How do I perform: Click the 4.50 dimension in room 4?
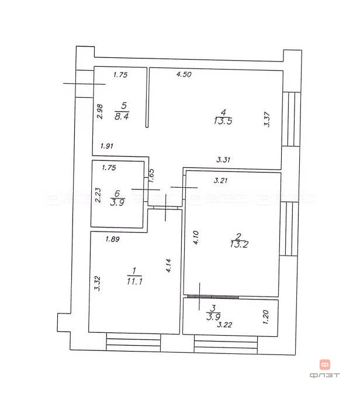point(184,74)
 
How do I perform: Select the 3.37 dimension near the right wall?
point(267,119)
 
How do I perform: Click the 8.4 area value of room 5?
point(121,116)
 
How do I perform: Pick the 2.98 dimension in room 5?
point(100,112)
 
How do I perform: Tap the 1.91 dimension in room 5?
point(106,146)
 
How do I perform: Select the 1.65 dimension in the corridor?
point(151,177)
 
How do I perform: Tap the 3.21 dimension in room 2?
point(220,180)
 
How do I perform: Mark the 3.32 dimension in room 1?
point(99,284)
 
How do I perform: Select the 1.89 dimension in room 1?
point(112,238)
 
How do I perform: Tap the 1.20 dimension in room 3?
point(266,317)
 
